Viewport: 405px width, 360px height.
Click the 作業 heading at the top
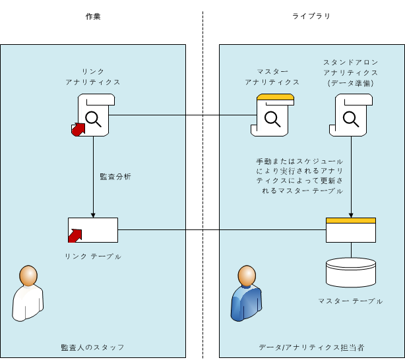[92, 16]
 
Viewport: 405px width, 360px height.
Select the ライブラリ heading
[311, 16]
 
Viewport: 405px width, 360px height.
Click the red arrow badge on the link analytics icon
[78, 130]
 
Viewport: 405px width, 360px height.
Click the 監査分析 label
[115, 177]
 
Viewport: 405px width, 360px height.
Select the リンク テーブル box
[93, 230]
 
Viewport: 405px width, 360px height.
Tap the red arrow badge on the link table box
[75, 234]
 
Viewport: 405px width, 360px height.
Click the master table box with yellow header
[351, 230]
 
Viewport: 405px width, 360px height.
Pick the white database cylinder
[351, 272]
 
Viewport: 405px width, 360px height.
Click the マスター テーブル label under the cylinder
[350, 301]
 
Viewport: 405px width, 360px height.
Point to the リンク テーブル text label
[93, 256]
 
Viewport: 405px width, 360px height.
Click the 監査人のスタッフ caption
[92, 347]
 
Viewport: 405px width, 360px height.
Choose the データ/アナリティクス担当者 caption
[311, 347]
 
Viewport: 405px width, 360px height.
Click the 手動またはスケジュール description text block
[301, 175]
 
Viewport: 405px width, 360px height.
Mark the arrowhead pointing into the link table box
[93, 214]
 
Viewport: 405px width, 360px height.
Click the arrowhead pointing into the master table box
[351, 214]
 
